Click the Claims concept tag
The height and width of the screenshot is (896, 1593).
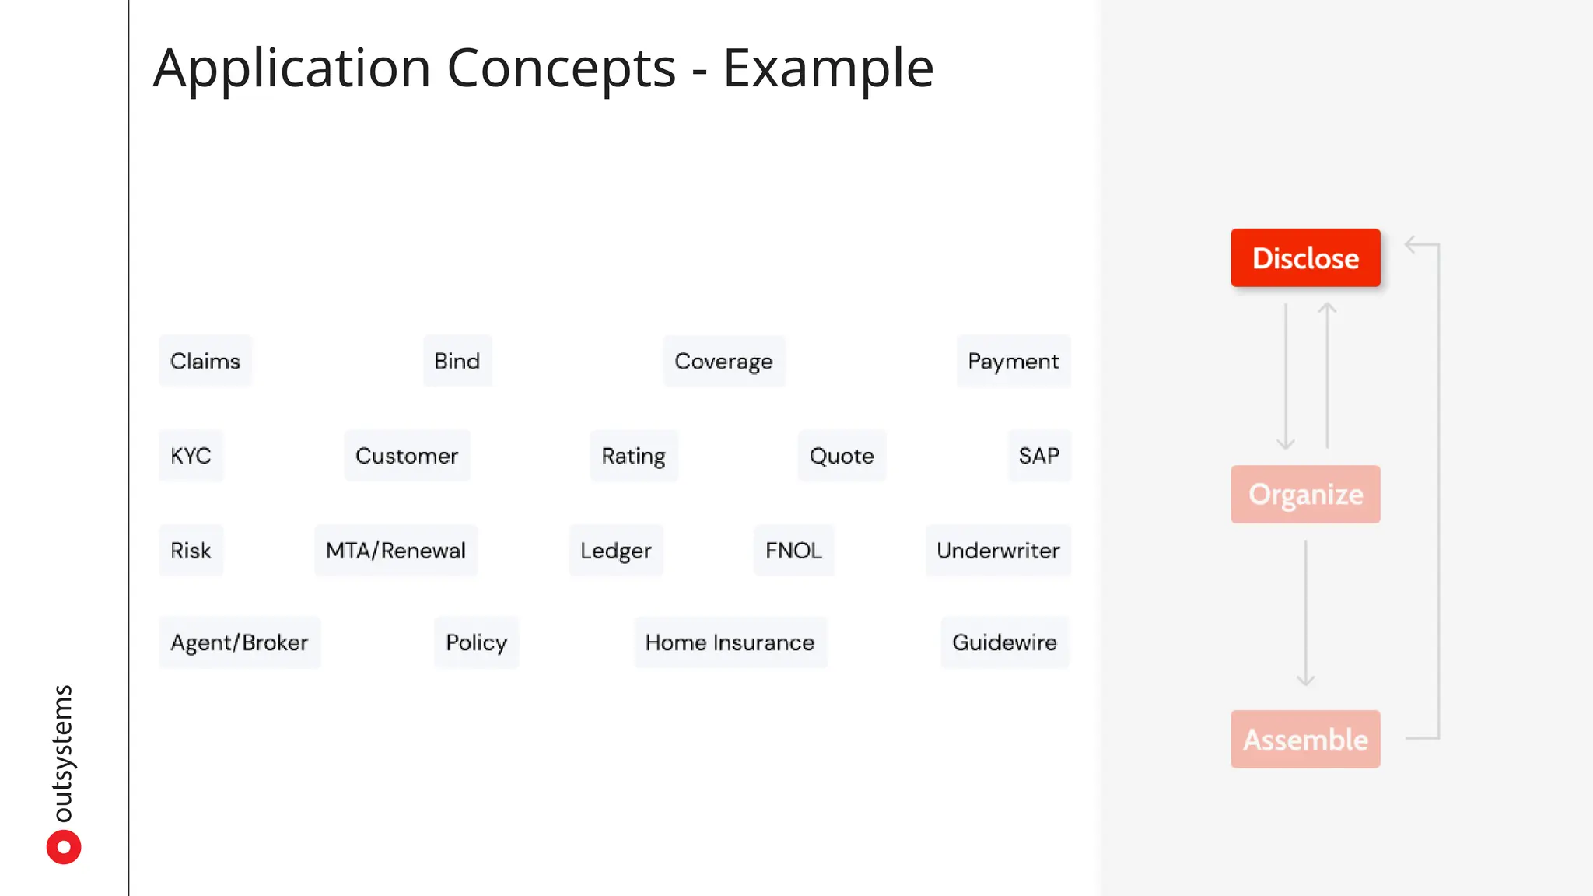[205, 361]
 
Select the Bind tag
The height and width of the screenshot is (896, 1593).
[457, 361]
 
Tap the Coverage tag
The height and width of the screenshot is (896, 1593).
[723, 361]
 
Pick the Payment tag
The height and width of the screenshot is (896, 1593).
[1013, 361]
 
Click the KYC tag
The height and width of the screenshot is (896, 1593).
[191, 456]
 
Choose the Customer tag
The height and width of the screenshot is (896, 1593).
[407, 456]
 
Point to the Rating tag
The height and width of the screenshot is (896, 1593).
[633, 456]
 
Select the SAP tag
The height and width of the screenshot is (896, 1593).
[1038, 456]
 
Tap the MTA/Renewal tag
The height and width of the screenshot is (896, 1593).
[395, 551]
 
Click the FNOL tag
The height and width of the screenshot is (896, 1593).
[793, 551]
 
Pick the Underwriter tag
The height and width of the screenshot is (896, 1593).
[998, 551]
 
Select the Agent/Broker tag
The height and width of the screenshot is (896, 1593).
[239, 642]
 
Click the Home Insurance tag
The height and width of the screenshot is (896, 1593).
[730, 642]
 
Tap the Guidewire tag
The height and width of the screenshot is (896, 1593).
[1004, 642]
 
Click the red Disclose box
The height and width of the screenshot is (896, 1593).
[1305, 257]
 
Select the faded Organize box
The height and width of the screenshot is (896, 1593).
[1305, 494]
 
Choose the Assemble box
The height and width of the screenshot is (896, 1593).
[1305, 739]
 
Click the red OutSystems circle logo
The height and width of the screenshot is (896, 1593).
[64, 847]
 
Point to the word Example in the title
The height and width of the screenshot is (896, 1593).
[828, 68]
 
